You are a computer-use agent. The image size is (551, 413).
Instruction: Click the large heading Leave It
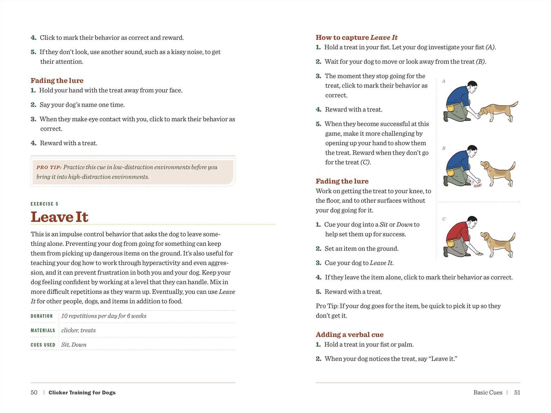click(x=59, y=217)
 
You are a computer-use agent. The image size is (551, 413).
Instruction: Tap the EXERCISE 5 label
click(x=44, y=204)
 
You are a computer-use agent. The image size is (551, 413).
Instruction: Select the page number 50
click(x=34, y=393)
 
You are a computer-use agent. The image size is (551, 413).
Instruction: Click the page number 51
click(x=517, y=393)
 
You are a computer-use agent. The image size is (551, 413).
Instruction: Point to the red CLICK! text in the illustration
click(x=477, y=185)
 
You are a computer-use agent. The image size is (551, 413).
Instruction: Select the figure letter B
click(x=444, y=148)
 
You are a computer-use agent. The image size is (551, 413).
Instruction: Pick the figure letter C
click(x=444, y=219)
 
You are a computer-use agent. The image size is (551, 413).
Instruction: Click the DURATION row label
click(x=42, y=316)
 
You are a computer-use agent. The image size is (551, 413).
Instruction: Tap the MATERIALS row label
click(x=43, y=330)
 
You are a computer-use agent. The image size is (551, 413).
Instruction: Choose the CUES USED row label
click(x=43, y=345)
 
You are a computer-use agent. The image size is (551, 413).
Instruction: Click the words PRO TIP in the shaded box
click(x=49, y=167)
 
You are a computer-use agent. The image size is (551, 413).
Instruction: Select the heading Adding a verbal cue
click(x=349, y=335)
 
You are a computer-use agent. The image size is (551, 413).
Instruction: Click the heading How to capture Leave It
click(x=356, y=38)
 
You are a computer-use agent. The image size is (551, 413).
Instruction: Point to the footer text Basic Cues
click(x=488, y=393)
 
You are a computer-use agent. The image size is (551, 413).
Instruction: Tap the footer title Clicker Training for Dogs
click(x=82, y=393)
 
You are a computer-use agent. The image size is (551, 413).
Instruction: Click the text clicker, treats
click(x=78, y=330)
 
